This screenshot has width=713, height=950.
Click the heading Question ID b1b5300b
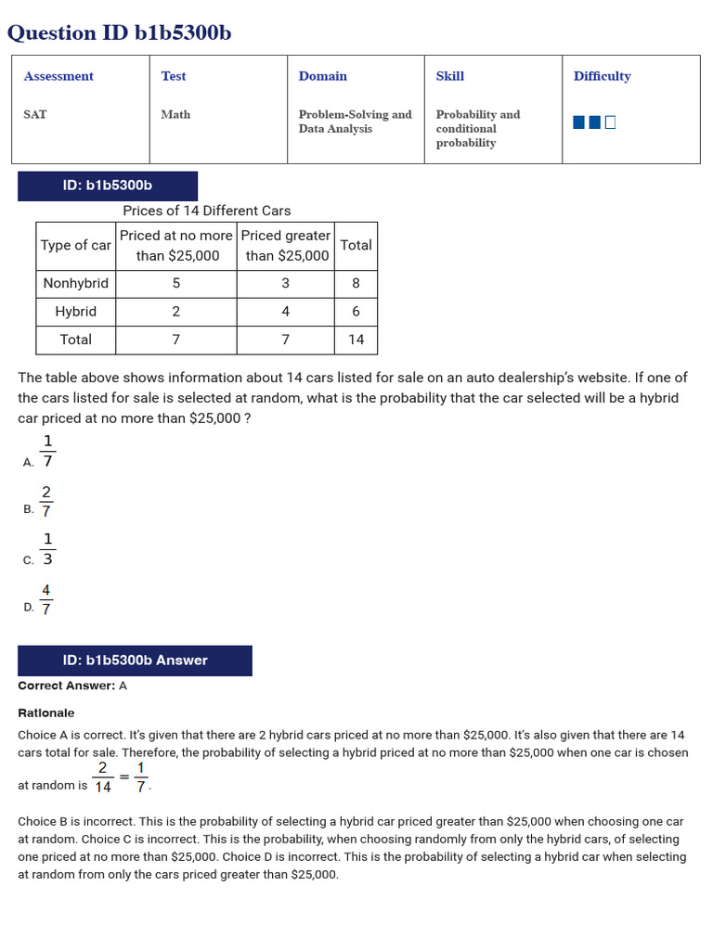pyautogui.click(x=120, y=33)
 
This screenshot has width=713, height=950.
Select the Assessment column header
pyautogui.click(x=58, y=76)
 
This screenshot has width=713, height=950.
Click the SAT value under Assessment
pyautogui.click(x=35, y=114)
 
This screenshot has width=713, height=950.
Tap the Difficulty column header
pyautogui.click(x=602, y=76)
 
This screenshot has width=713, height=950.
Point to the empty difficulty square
pyautogui.click(x=610, y=122)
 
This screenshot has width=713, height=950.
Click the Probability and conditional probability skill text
pyautogui.click(x=477, y=128)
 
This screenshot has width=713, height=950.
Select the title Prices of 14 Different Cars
pyautogui.click(x=206, y=211)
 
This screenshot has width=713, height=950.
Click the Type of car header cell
pyautogui.click(x=75, y=245)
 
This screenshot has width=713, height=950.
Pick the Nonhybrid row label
pyautogui.click(x=75, y=283)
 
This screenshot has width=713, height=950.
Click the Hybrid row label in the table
pyautogui.click(x=75, y=312)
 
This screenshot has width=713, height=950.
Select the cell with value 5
pyautogui.click(x=176, y=283)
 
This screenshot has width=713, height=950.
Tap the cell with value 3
pyautogui.click(x=285, y=283)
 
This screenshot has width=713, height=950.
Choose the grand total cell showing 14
pyautogui.click(x=356, y=340)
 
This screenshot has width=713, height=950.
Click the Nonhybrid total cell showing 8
pyautogui.click(x=356, y=283)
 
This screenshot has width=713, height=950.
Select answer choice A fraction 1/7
pyautogui.click(x=47, y=451)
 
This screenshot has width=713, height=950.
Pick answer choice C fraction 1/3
pyautogui.click(x=47, y=549)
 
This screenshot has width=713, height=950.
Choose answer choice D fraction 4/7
pyautogui.click(x=46, y=599)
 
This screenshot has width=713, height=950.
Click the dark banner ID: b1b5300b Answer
pyautogui.click(x=135, y=661)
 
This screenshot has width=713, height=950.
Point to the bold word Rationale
pyautogui.click(x=46, y=712)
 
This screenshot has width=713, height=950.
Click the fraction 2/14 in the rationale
pyautogui.click(x=102, y=777)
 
